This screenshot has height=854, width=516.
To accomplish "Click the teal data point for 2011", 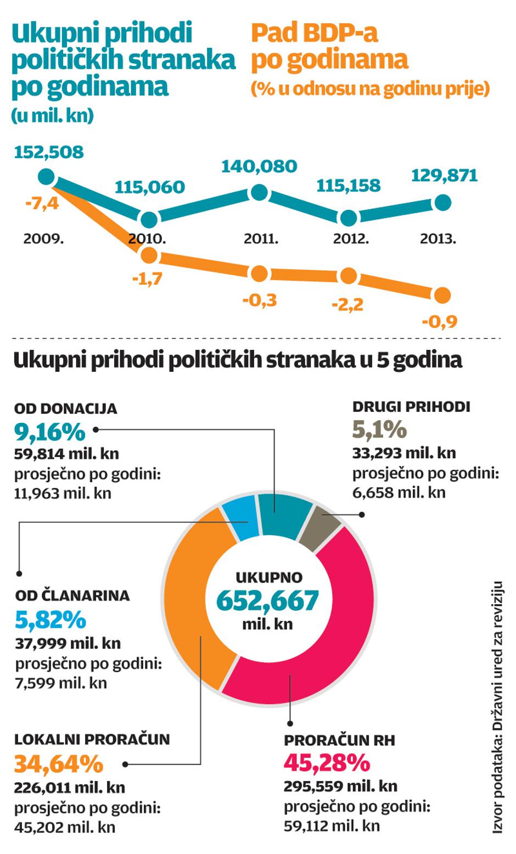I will pos(259,193).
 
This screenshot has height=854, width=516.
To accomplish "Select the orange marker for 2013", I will pos(442,295).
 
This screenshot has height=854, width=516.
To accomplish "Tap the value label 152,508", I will pos(49,152).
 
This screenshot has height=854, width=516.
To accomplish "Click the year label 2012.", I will pos(351,239).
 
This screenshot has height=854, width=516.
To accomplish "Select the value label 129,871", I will pos(445,175).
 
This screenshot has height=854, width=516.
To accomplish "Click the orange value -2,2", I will pos(347,304).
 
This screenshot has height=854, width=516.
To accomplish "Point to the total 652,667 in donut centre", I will pos(268,600).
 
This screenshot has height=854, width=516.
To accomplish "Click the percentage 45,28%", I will pos(327,763).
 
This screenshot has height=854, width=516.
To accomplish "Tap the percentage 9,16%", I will pos(49,432).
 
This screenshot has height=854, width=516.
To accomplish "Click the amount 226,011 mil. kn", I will pos(70,788).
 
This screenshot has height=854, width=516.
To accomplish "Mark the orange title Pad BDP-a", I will pos(314,34).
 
